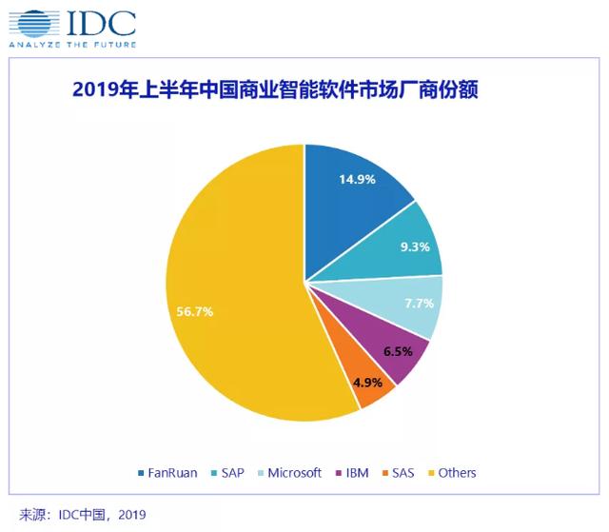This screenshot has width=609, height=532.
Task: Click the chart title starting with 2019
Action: click(x=275, y=90)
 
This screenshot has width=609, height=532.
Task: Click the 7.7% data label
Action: click(x=418, y=304)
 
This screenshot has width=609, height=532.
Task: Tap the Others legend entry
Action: click(x=451, y=472)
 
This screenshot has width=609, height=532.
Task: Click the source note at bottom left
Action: click(x=80, y=515)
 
